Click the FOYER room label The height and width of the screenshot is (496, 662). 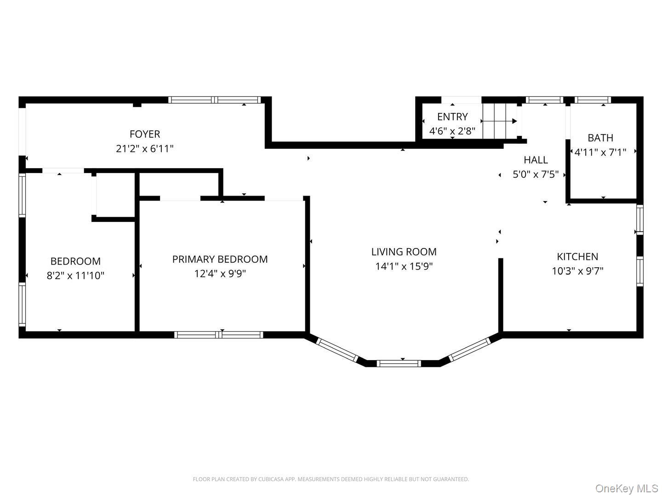[x=145, y=134]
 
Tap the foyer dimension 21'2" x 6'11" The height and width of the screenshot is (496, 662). [x=145, y=149]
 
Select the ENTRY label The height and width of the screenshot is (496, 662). [x=452, y=117]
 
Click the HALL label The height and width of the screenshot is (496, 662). [x=536, y=160]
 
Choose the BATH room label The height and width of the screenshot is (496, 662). [x=600, y=138]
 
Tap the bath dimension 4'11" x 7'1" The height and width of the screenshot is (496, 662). [x=600, y=152]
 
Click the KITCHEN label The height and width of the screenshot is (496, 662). [x=577, y=257]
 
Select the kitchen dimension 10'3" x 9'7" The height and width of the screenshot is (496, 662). [x=577, y=271]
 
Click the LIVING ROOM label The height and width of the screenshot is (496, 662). [x=404, y=252]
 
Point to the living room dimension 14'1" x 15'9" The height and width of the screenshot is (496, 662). [x=404, y=266]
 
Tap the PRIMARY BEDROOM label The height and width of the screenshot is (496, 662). [x=220, y=259]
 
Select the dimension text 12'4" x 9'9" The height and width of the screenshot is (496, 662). [x=220, y=274]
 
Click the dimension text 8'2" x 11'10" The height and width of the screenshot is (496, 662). [x=75, y=276]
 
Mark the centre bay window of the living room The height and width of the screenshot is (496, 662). [x=399, y=363]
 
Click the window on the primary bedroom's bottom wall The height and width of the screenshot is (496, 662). [x=219, y=335]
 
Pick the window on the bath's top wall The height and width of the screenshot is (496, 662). [x=593, y=100]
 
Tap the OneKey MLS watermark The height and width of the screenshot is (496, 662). [x=627, y=488]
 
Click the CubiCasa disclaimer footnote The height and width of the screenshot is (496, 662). [x=331, y=479]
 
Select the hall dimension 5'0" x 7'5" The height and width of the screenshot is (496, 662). [x=536, y=175]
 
